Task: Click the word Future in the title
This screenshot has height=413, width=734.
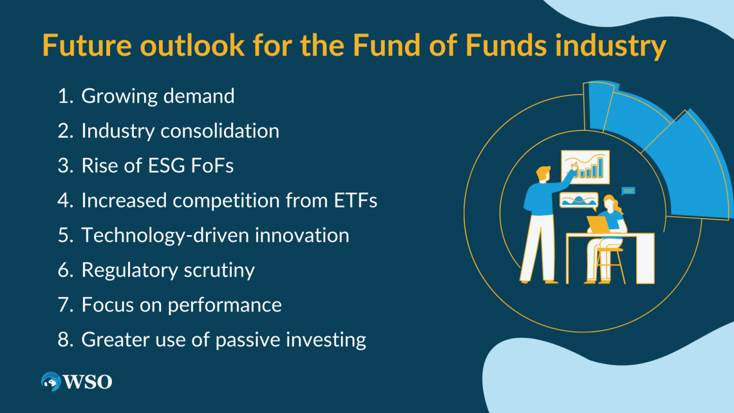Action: (87, 45)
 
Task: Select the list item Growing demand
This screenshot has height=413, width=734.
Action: (158, 96)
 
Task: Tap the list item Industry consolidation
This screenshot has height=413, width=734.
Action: (180, 131)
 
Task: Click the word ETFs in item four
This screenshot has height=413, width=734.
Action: (355, 200)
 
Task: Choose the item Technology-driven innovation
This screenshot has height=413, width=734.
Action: (215, 236)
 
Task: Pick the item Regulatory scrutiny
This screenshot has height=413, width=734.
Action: (168, 270)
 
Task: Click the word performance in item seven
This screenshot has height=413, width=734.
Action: (225, 305)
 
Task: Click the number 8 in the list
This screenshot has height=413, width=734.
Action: (64, 340)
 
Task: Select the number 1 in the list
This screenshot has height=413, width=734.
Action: (64, 96)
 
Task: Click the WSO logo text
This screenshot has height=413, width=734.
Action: (88, 382)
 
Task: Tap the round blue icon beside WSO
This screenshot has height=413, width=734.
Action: (51, 381)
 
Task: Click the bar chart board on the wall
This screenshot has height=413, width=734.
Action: (585, 167)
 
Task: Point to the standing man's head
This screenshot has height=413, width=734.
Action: (543, 174)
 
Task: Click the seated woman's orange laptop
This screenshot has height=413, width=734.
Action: (598, 224)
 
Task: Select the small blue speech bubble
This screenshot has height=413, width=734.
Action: (628, 191)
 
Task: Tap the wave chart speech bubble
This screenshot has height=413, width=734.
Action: (579, 201)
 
